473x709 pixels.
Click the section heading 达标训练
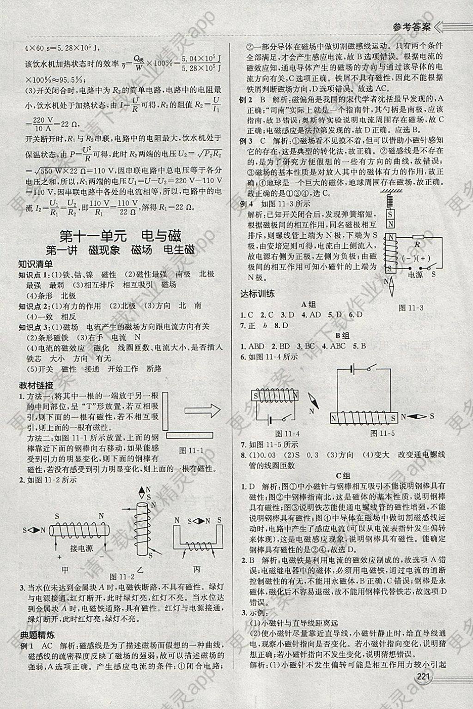[257, 293]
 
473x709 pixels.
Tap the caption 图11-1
[191, 451]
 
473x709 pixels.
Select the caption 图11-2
[122, 577]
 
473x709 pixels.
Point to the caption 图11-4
[287, 433]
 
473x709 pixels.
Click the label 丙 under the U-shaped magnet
[197, 569]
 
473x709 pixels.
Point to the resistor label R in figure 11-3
[417, 244]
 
